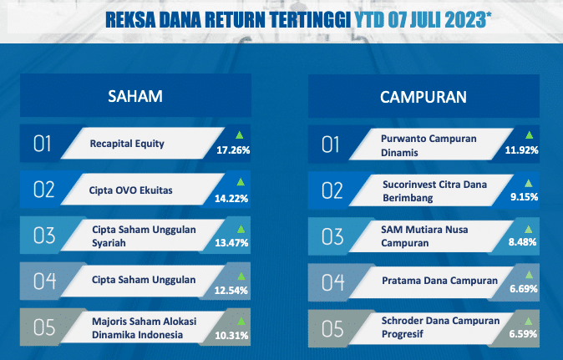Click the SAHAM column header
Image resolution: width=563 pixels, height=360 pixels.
(135, 96)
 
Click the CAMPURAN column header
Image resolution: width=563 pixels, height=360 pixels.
(424, 97)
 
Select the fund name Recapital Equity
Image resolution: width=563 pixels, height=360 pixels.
(127, 144)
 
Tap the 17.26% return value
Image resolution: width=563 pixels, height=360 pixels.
(233, 150)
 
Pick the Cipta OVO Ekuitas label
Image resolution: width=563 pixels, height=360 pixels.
(130, 190)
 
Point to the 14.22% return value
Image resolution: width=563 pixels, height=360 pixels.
(231, 199)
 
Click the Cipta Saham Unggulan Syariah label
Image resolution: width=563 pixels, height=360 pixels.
(144, 236)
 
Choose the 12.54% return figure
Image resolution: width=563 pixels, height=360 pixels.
(231, 291)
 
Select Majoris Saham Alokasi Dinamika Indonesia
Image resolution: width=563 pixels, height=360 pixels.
(144, 328)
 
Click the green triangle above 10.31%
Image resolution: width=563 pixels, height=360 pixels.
(241, 322)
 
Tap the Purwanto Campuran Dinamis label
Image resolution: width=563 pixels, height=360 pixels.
(429, 145)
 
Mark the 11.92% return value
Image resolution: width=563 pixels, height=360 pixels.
(522, 150)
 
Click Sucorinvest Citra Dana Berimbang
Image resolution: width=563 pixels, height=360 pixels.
(435, 191)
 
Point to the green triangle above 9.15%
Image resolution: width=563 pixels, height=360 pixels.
(529, 184)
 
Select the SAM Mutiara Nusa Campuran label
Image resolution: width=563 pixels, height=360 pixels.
(424, 236)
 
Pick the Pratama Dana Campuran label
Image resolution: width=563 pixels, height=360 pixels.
(440, 281)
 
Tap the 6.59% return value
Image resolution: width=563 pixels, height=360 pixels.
(523, 334)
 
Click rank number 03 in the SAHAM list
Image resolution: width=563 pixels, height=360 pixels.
(44, 236)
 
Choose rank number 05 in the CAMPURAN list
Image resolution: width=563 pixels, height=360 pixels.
(332, 329)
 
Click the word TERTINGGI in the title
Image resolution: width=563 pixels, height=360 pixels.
(310, 20)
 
